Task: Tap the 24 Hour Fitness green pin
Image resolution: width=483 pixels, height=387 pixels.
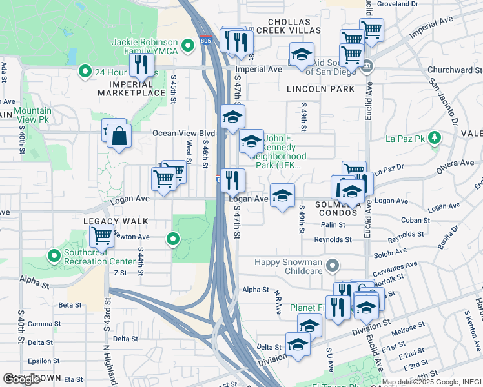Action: (x=84, y=72)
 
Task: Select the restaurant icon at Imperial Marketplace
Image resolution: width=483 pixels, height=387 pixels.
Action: (x=141, y=64)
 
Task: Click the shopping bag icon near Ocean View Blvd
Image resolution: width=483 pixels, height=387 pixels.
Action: (x=119, y=137)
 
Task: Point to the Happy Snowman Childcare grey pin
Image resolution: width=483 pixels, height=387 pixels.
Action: (x=333, y=265)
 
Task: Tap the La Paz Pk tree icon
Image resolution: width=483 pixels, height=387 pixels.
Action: (x=435, y=137)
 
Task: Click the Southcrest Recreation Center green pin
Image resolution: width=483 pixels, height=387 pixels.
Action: (x=54, y=256)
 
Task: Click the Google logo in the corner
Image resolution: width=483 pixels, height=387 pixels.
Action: (x=22, y=379)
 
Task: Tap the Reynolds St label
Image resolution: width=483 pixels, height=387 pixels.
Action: (x=333, y=239)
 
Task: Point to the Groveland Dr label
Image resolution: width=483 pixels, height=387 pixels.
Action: (x=398, y=4)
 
